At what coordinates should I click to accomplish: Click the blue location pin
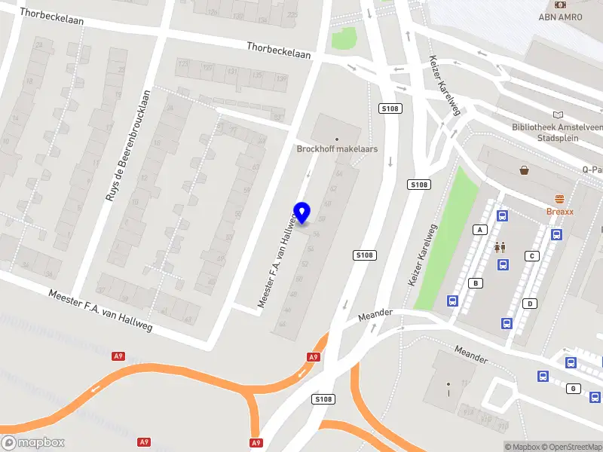[x=302, y=212]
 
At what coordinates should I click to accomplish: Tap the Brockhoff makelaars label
[x=337, y=149]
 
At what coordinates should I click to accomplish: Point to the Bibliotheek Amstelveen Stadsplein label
[x=556, y=133]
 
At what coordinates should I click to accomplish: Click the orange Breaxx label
[x=559, y=212]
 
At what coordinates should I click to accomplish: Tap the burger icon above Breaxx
[x=559, y=200]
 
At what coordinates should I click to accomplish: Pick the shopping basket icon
[x=524, y=170]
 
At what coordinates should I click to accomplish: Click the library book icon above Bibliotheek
[x=558, y=115]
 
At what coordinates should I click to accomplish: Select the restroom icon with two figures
[x=500, y=246]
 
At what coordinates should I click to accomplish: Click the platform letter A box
[x=479, y=229]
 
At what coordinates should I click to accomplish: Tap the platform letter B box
[x=476, y=283]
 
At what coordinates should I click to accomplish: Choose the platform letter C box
[x=532, y=256]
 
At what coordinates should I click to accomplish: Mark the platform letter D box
[x=531, y=304]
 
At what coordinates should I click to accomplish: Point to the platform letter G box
[x=574, y=388]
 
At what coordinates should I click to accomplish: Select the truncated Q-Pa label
[x=592, y=169]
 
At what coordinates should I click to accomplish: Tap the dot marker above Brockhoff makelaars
[x=336, y=139]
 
